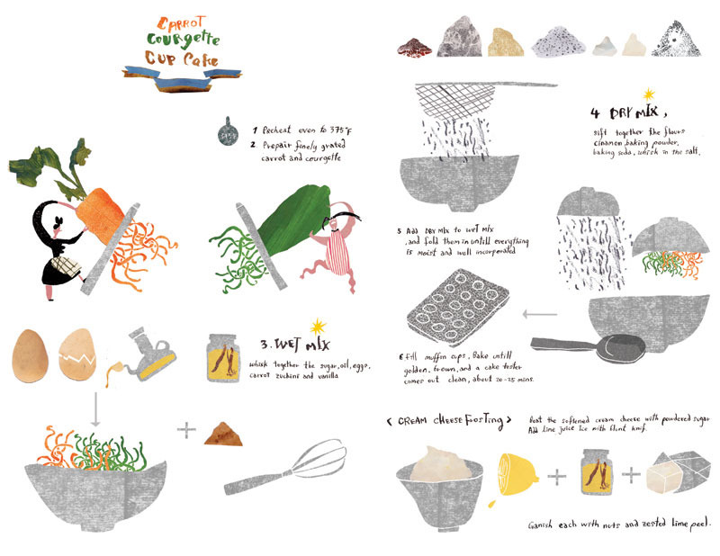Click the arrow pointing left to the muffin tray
pos(538,314)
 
